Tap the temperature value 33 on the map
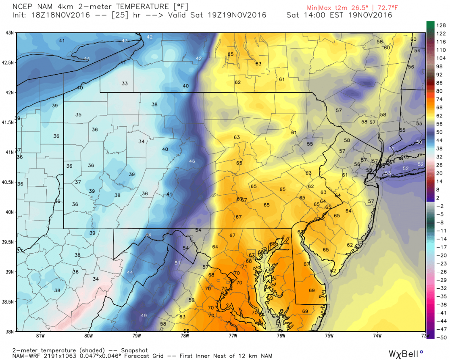(125, 83)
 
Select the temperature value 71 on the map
(244, 266)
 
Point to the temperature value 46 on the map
(192, 161)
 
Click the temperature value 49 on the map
(144, 315)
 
